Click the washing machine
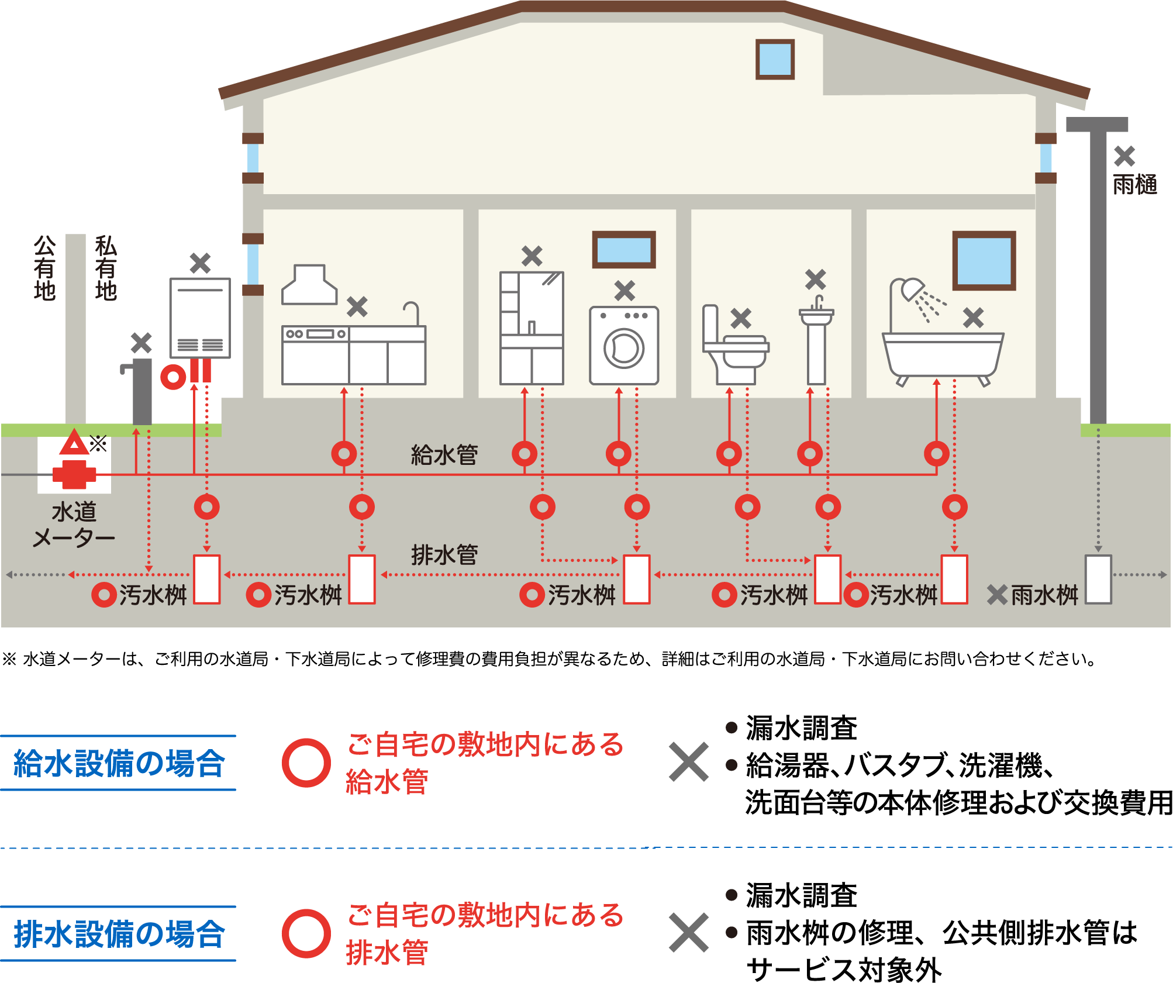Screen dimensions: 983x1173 click(x=624, y=346)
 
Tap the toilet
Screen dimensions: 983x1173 click(x=734, y=348)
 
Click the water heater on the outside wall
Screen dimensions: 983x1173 click(x=200, y=318)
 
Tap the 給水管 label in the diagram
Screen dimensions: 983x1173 click(x=444, y=454)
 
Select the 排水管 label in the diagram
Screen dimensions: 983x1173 click(x=444, y=554)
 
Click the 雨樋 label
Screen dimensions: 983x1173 click(x=1134, y=185)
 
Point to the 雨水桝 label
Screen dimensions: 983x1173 click(x=1044, y=595)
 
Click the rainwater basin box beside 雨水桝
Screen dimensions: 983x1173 click(x=1098, y=579)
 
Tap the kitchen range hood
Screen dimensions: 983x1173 click(x=309, y=285)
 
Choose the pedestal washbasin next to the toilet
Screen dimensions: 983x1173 click(x=816, y=342)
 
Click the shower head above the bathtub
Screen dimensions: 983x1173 click(x=912, y=289)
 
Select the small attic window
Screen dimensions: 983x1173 click(x=775, y=59)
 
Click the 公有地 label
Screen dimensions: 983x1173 click(x=44, y=268)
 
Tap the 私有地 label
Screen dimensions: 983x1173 click(x=106, y=268)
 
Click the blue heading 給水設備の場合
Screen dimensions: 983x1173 click(x=119, y=763)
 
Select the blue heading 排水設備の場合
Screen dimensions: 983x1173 click(x=119, y=934)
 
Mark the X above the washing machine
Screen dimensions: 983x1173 click(x=625, y=291)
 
